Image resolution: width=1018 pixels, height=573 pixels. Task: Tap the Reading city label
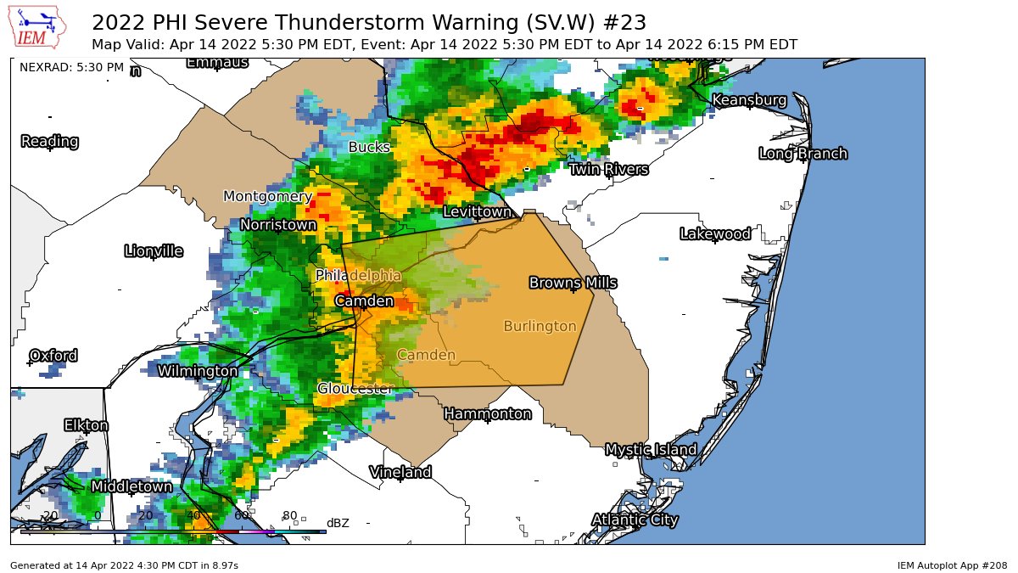click(x=50, y=142)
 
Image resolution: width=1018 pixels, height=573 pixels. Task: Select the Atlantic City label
click(x=635, y=520)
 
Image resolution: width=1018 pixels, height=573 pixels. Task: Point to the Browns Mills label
click(x=573, y=283)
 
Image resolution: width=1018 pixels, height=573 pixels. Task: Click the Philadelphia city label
click(x=358, y=276)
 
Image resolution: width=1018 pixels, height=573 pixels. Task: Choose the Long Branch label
click(x=803, y=154)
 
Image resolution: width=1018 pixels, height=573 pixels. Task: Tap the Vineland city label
click(x=400, y=472)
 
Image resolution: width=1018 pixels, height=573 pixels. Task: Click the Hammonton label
click(x=488, y=414)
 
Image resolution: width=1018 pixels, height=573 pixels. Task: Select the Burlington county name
click(x=540, y=327)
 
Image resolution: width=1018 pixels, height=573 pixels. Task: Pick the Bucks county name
click(x=369, y=148)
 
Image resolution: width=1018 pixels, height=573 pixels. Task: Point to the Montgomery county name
click(x=267, y=197)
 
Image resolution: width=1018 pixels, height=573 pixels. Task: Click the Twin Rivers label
click(x=608, y=170)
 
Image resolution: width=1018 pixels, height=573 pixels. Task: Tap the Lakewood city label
click(x=715, y=234)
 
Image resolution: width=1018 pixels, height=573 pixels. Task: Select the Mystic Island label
click(x=651, y=450)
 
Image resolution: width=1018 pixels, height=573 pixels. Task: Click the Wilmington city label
click(x=198, y=371)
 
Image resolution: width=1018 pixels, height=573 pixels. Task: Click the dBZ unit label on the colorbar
click(x=338, y=523)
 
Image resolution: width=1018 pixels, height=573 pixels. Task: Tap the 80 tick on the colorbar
click(x=289, y=515)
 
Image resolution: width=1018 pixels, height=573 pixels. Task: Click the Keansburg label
click(x=748, y=100)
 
